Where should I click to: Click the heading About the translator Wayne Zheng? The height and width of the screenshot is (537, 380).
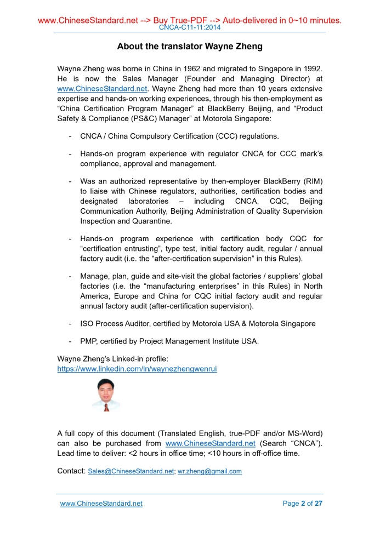click(x=190, y=47)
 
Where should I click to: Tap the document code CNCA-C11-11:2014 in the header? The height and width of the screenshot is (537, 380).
click(x=190, y=27)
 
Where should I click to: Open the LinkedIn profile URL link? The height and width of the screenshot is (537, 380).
click(x=137, y=369)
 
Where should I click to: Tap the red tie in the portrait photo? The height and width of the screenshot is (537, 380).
click(x=106, y=407)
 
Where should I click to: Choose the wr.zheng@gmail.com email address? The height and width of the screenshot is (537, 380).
click(x=209, y=471)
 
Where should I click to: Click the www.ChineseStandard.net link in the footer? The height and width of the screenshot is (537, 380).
click(x=101, y=504)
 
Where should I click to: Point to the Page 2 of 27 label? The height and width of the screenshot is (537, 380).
click(x=302, y=504)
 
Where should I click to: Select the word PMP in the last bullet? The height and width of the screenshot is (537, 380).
click(x=88, y=341)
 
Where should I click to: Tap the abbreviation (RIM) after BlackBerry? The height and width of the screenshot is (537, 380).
click(x=309, y=181)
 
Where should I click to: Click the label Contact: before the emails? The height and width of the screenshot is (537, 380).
click(x=71, y=471)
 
